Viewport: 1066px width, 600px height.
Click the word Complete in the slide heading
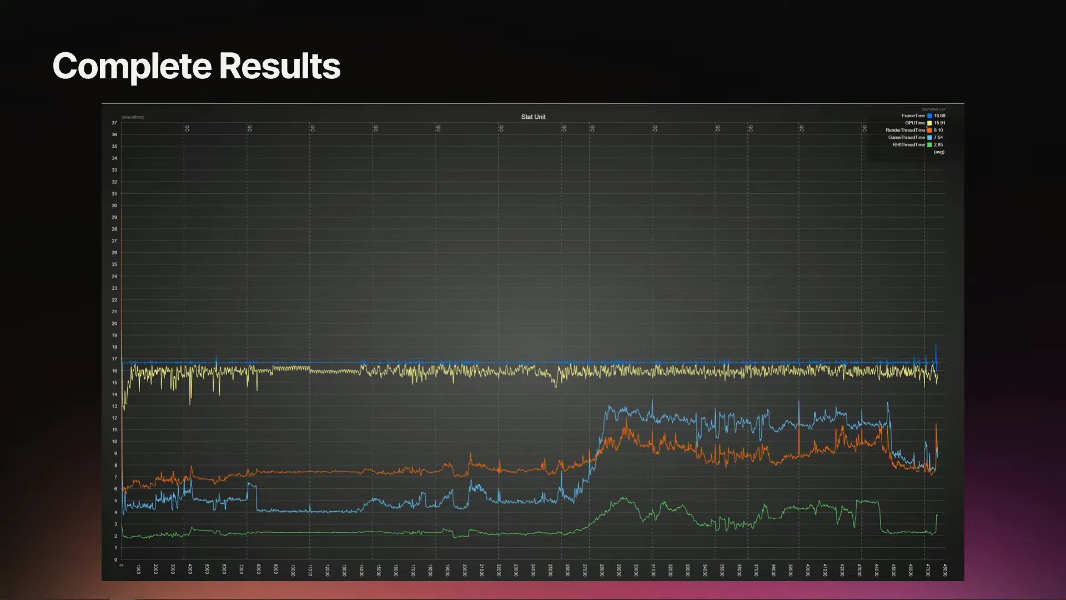point(132,67)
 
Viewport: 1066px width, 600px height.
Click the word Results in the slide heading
point(279,67)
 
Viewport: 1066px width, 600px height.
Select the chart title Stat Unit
point(533,117)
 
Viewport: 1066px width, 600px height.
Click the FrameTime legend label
point(913,116)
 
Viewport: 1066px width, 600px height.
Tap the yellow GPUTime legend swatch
point(929,123)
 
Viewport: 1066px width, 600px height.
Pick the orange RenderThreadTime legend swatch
point(929,130)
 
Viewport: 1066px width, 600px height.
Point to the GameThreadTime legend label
point(906,137)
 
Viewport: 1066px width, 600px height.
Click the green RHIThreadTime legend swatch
point(929,144)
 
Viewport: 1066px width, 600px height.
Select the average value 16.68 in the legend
point(939,116)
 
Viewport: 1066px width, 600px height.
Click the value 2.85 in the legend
point(938,144)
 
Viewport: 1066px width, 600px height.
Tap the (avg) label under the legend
point(939,152)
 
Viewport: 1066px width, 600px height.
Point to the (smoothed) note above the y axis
point(133,117)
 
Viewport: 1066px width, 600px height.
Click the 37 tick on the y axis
point(114,123)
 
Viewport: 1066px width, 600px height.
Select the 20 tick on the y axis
point(114,323)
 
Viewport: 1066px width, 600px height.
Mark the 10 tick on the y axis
point(114,442)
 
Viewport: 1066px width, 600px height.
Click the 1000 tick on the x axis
point(139,569)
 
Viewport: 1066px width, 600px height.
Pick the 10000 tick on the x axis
point(293,569)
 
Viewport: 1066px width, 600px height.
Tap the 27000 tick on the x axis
point(585,569)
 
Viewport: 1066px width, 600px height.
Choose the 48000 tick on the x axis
point(945,569)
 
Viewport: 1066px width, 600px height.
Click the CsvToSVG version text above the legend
point(933,109)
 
